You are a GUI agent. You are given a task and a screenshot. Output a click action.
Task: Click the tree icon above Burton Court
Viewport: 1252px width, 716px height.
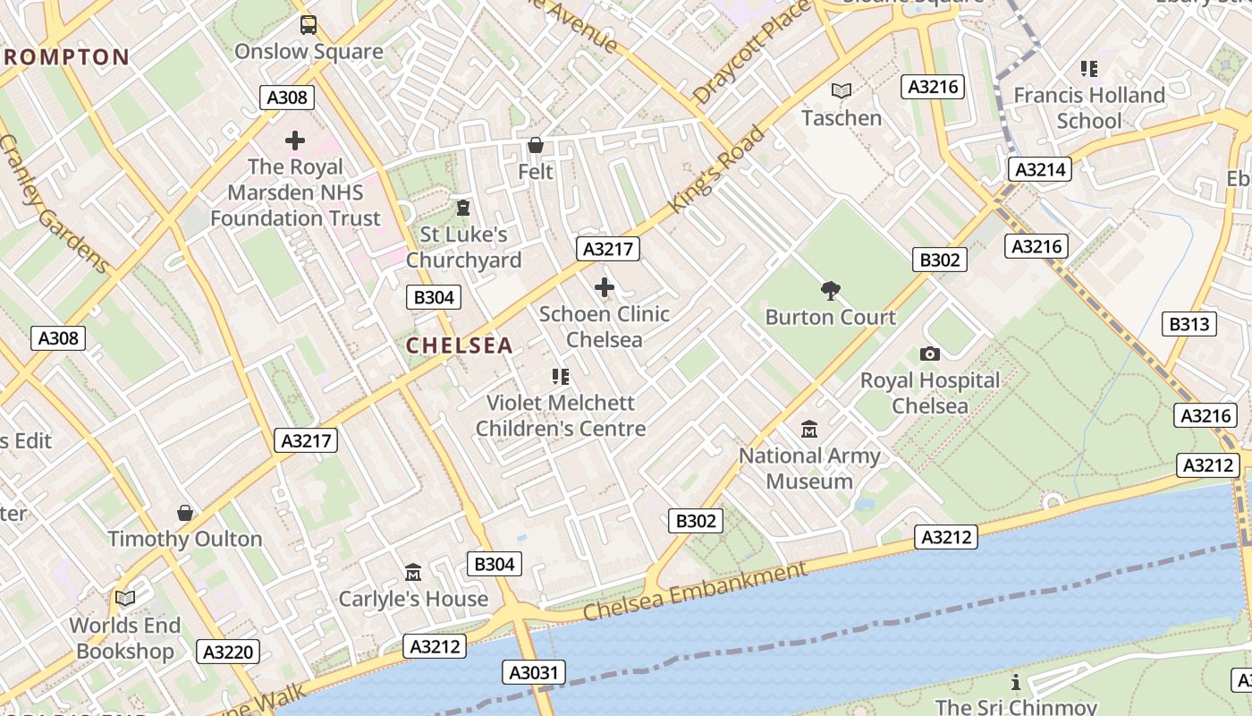(x=830, y=290)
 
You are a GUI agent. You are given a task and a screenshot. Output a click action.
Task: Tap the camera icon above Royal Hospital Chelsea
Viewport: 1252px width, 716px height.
(x=930, y=354)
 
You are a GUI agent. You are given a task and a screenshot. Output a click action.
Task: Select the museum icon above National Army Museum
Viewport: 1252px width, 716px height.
(x=809, y=430)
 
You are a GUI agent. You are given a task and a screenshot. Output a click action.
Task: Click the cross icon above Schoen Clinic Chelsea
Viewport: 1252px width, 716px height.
(x=605, y=287)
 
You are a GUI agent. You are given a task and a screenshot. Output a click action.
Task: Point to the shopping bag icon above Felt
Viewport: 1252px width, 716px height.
(x=536, y=145)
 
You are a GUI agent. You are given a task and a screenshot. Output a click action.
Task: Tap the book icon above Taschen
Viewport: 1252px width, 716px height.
(x=842, y=90)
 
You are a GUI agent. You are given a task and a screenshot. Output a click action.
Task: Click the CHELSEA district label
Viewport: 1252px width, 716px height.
(x=460, y=345)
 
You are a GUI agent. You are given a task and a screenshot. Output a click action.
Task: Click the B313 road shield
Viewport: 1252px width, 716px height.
(x=1189, y=323)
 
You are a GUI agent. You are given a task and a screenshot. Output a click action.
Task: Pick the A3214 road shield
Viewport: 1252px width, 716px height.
(x=1039, y=168)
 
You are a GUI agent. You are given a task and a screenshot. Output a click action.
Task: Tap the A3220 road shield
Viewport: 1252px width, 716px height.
(x=228, y=652)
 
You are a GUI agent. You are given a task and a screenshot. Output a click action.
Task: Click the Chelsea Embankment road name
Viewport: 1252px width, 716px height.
(x=695, y=592)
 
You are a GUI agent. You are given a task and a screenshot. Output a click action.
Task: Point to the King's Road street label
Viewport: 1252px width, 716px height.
(x=717, y=169)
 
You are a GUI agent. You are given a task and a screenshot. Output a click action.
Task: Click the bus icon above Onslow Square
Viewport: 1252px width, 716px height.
(x=309, y=25)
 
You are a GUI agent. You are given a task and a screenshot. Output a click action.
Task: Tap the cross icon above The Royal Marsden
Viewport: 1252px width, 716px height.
(x=295, y=141)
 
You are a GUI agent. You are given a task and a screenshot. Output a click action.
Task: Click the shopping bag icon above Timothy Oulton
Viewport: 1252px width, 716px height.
(x=185, y=513)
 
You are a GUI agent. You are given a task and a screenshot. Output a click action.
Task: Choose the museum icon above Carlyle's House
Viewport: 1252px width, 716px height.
(x=413, y=572)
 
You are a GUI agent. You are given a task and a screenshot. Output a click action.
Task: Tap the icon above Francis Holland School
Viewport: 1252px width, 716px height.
(x=1088, y=69)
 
